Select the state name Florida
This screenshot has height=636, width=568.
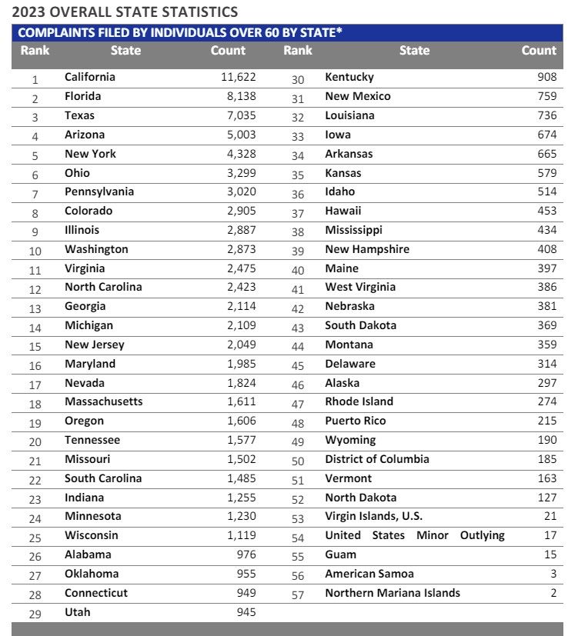pyautogui.click(x=83, y=96)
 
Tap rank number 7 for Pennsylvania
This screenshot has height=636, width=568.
pyautogui.click(x=35, y=193)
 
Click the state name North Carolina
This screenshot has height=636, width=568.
pyautogui.click(x=103, y=287)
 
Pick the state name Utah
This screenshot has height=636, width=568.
pyautogui.click(x=77, y=612)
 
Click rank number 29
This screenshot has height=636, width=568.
pyautogui.click(x=35, y=614)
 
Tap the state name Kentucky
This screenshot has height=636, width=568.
pyautogui.click(x=349, y=77)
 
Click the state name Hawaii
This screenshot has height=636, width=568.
pyautogui.click(x=343, y=211)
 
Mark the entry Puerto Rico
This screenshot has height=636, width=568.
pyautogui.click(x=356, y=421)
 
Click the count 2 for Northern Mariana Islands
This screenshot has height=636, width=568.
pyautogui.click(x=553, y=593)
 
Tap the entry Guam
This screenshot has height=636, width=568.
pyautogui.click(x=341, y=554)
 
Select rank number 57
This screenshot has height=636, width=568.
pyautogui.click(x=298, y=594)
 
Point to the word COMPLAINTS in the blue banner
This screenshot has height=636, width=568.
pyautogui.click(x=55, y=32)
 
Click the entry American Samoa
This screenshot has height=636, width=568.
pyautogui.click(x=369, y=574)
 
